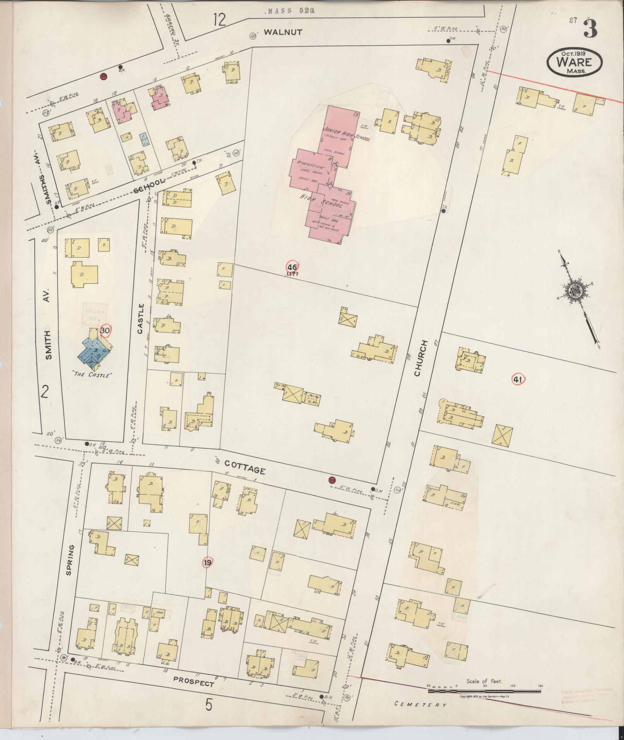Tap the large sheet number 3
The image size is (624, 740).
click(x=590, y=29)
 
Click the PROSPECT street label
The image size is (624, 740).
click(x=193, y=681)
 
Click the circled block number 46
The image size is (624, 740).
click(x=292, y=267)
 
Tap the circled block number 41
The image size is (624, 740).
click(x=518, y=379)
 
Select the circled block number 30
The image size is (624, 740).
click(x=104, y=331)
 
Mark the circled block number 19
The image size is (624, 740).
click(x=208, y=563)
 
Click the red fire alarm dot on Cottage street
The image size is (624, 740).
click(x=332, y=480)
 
